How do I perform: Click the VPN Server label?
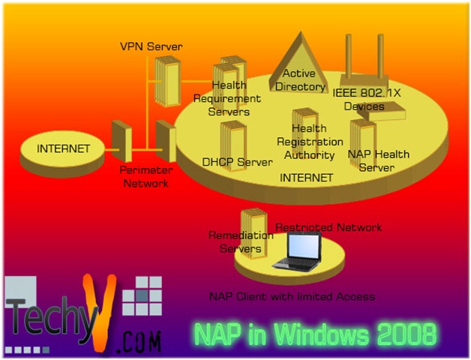(x=151, y=47)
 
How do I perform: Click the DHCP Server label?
(x=237, y=161)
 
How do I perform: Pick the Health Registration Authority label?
(x=310, y=142)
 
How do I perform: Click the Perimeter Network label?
(x=145, y=177)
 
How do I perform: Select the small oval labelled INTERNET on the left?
(x=63, y=148)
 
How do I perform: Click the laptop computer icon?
(x=297, y=250)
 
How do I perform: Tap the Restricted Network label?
(x=329, y=227)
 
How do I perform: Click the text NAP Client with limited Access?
(x=292, y=296)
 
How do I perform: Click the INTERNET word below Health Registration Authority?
(x=306, y=178)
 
